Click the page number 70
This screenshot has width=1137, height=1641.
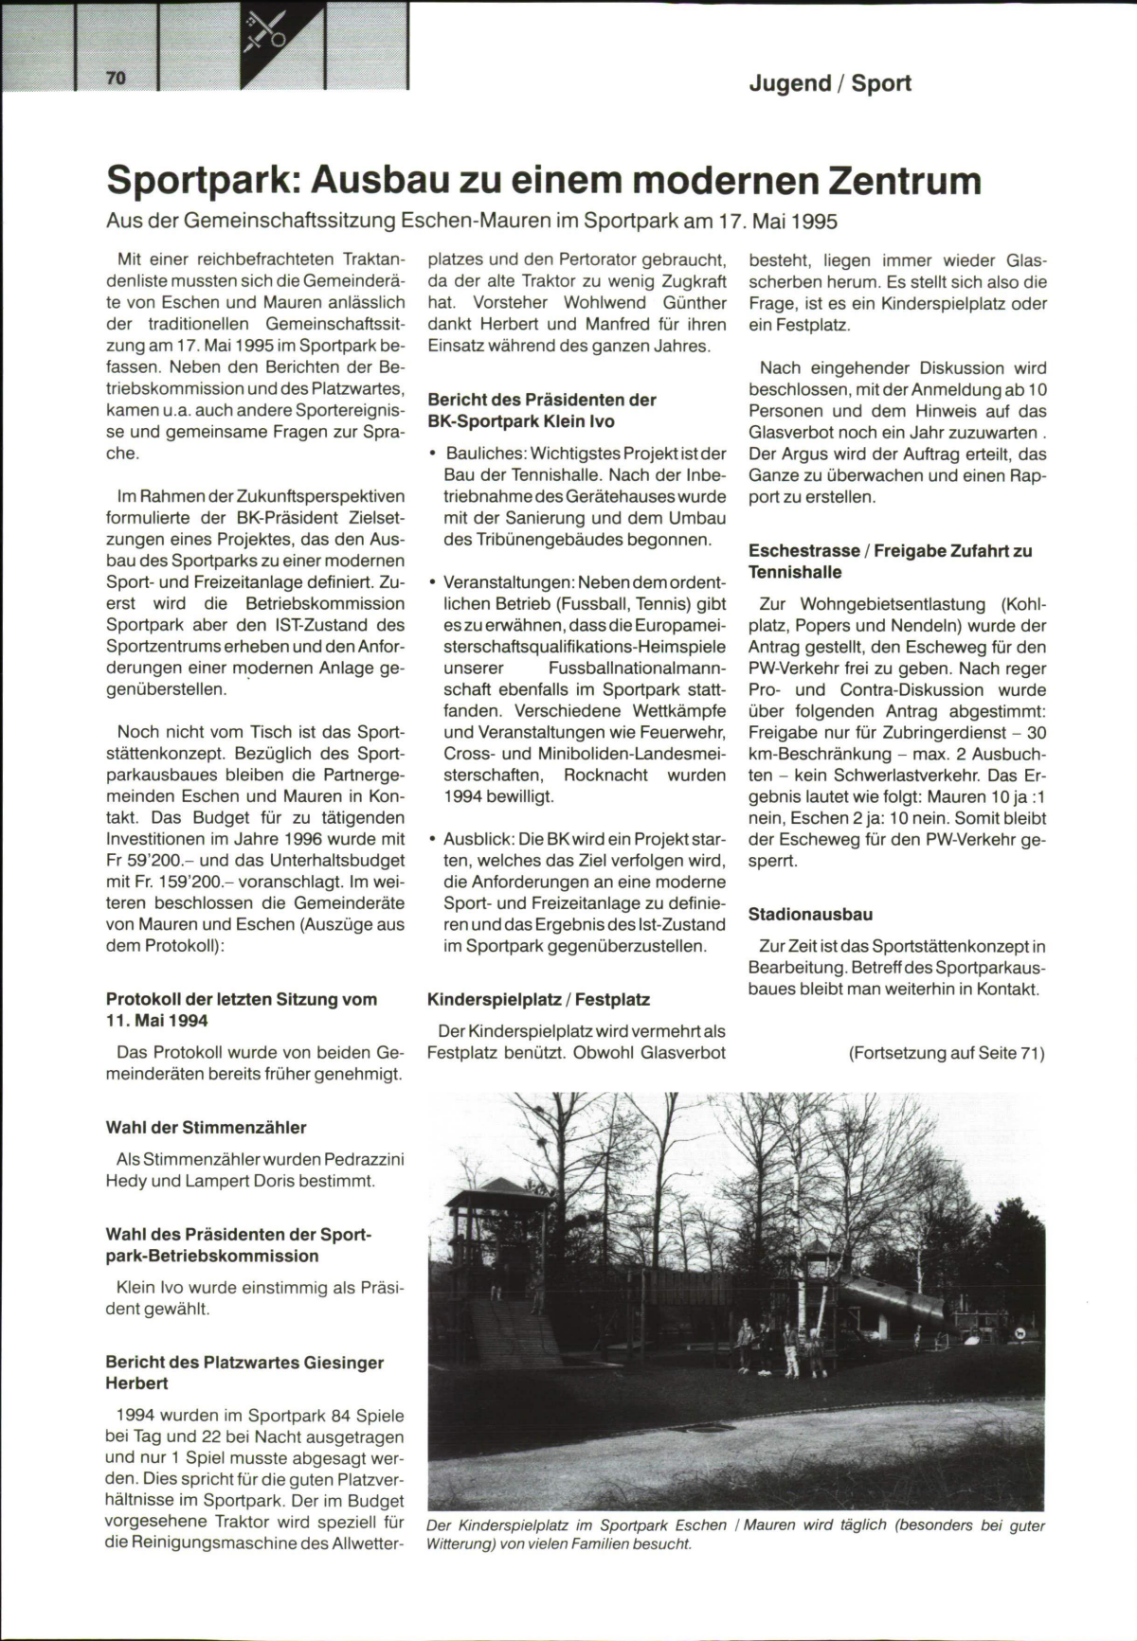(116, 78)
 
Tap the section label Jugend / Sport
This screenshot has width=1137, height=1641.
(829, 83)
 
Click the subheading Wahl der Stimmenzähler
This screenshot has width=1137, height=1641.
(206, 1128)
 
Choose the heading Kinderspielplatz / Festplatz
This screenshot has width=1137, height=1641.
(538, 999)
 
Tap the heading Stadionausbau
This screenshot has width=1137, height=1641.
(810, 915)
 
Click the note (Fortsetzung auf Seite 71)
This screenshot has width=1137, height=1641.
(947, 1053)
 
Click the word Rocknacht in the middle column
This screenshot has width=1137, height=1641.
(602, 775)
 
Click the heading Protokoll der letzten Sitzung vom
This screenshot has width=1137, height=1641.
(241, 999)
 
